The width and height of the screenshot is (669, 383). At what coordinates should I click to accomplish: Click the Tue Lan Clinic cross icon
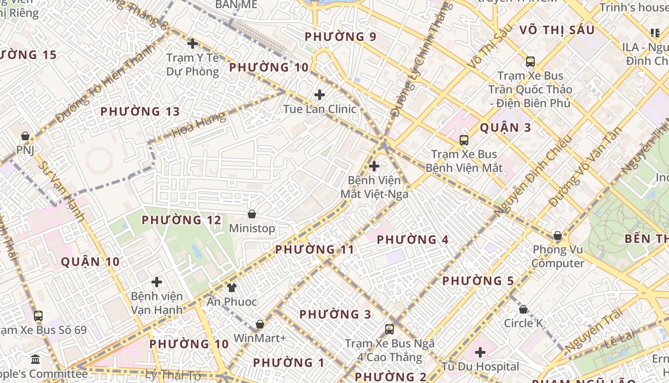coord(320,95)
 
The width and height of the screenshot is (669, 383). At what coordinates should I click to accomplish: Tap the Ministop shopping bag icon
coord(252,214)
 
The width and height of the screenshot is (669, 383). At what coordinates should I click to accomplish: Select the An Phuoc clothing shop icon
coord(232,287)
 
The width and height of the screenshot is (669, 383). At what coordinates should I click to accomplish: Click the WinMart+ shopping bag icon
coord(260,324)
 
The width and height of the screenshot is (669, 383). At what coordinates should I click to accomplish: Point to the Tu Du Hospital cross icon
coord(480,352)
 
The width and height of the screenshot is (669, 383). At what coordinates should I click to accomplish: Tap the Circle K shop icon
coord(523,309)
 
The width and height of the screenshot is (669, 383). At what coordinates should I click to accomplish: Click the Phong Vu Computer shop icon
coord(558,236)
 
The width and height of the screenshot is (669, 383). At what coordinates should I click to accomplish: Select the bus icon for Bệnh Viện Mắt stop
coord(464,140)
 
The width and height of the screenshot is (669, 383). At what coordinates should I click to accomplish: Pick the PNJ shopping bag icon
coord(25,136)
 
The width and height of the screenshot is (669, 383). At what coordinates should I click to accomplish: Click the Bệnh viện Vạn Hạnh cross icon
coord(157,282)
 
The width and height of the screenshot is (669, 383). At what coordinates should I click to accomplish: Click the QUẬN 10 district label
coord(90,262)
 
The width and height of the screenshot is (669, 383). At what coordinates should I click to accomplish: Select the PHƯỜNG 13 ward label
coord(140,112)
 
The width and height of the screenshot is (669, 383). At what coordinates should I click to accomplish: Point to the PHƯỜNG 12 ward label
coord(182,220)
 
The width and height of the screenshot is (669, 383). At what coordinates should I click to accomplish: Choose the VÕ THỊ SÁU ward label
coord(557,31)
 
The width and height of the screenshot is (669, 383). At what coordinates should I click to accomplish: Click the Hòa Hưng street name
coord(198,125)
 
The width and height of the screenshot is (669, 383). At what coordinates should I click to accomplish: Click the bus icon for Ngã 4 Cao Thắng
coord(389,329)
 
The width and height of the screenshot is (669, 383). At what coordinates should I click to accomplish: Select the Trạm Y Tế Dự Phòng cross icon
coord(193,44)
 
